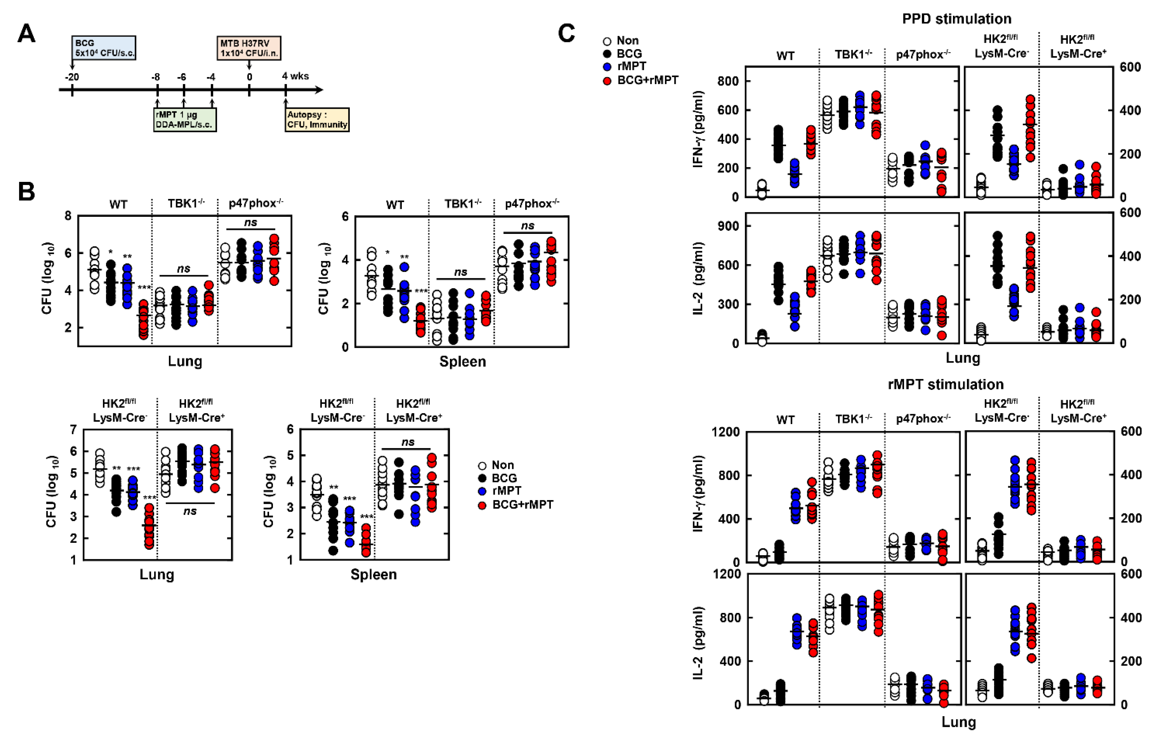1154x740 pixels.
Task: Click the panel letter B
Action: pyautogui.click(x=26, y=191)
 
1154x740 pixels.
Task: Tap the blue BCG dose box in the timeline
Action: pyautogui.click(x=104, y=47)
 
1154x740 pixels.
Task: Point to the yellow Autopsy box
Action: pyautogui.click(x=317, y=120)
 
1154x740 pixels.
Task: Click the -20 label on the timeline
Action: pyautogui.click(x=72, y=77)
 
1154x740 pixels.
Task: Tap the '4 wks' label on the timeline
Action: pyautogui.click(x=295, y=76)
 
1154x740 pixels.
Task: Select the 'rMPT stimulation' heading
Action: pyautogui.click(x=945, y=384)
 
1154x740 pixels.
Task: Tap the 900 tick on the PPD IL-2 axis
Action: pyautogui.click(x=727, y=226)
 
